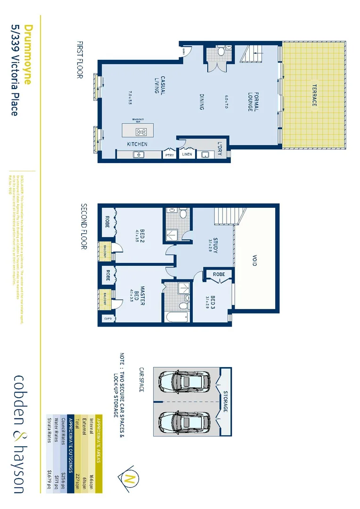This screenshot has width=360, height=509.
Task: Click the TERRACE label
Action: (314, 95)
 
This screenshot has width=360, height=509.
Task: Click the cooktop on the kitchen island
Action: (141, 131)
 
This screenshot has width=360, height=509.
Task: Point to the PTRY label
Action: (169, 155)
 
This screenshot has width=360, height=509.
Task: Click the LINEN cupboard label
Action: (187, 154)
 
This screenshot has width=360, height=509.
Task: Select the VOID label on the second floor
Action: (254, 261)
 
